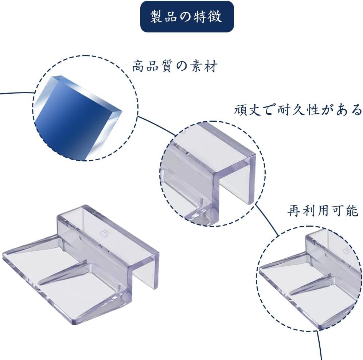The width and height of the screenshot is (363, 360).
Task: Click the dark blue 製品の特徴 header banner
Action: (x=187, y=17)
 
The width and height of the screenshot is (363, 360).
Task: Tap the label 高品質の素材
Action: (x=175, y=66)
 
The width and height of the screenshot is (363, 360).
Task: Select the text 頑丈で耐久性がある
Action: (x=298, y=110)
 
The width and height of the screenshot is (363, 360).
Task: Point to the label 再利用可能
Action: (x=323, y=211)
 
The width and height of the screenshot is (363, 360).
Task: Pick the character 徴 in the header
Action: (x=216, y=17)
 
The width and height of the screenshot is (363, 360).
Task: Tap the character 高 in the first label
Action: (x=138, y=66)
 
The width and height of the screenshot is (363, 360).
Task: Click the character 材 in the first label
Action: (x=212, y=66)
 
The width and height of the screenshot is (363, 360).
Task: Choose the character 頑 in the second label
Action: (x=240, y=110)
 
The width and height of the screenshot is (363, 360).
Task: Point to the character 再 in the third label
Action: (x=294, y=211)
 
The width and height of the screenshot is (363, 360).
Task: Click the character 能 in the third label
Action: (x=352, y=211)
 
